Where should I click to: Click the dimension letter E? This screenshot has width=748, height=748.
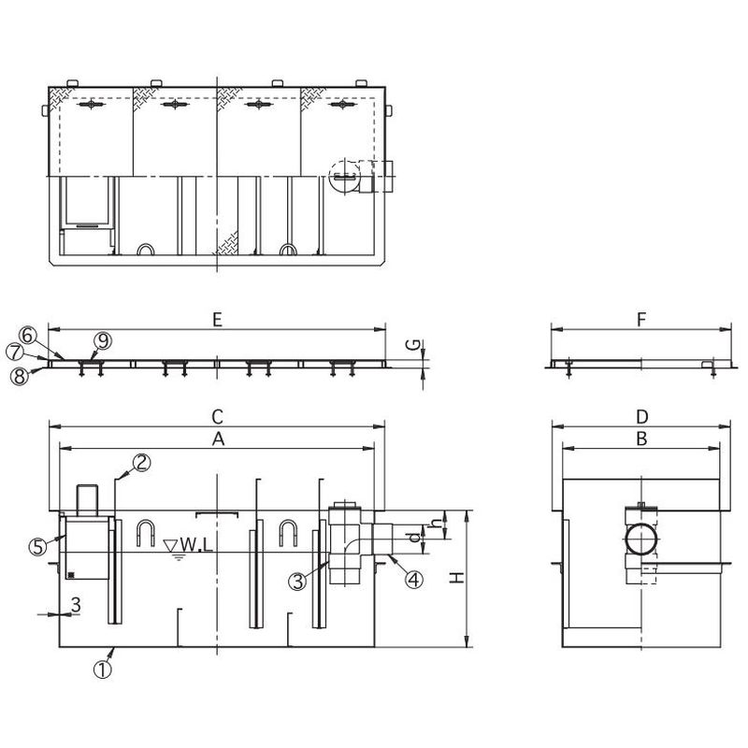point(216,320)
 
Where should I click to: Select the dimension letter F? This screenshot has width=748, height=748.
point(640,320)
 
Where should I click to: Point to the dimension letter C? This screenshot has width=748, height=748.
point(216,414)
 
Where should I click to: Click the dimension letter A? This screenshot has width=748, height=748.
point(216,438)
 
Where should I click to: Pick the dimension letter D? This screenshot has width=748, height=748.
point(640,414)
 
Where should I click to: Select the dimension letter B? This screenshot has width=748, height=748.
point(640,438)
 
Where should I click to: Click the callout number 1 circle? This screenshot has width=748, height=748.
point(103,669)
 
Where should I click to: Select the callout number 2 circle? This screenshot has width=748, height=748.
point(141,461)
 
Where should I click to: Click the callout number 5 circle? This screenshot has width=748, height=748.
point(37,548)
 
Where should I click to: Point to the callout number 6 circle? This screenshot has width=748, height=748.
point(28,334)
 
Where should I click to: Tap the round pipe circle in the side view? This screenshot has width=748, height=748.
point(640,539)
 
